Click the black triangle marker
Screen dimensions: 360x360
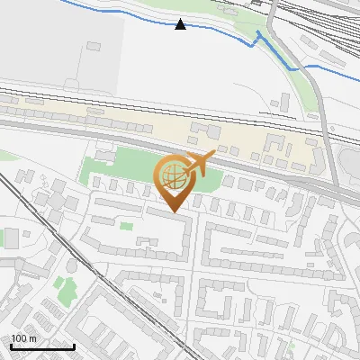181,24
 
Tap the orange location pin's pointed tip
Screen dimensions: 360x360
172,211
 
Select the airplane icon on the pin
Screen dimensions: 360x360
200,163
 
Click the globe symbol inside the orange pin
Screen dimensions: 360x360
172,177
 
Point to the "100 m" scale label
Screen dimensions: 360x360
23,338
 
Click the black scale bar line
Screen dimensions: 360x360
42,346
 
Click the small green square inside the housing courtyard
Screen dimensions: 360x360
143,240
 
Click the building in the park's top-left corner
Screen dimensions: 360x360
104,157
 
